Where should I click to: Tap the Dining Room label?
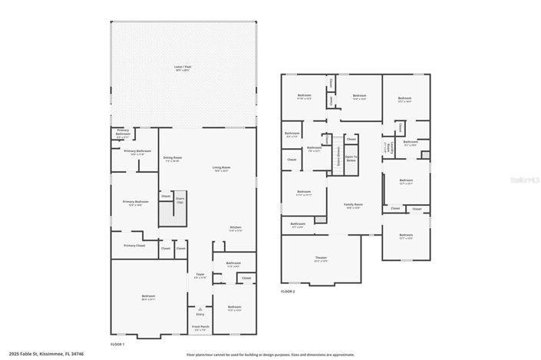coord(172,158)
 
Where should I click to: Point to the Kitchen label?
coord(236,228)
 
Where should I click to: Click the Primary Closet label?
coord(134,246)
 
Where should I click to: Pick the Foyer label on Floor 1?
coord(200,275)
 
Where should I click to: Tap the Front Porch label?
coord(200,327)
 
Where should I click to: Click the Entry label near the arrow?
coord(200,314)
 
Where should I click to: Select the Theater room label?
coord(321,259)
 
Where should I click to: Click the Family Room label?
coord(353,205)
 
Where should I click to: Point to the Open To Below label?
coord(351,159)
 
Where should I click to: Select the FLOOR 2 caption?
coord(288,292)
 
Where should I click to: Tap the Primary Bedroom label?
coord(135,203)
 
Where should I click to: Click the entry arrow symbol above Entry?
coord(200,308)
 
